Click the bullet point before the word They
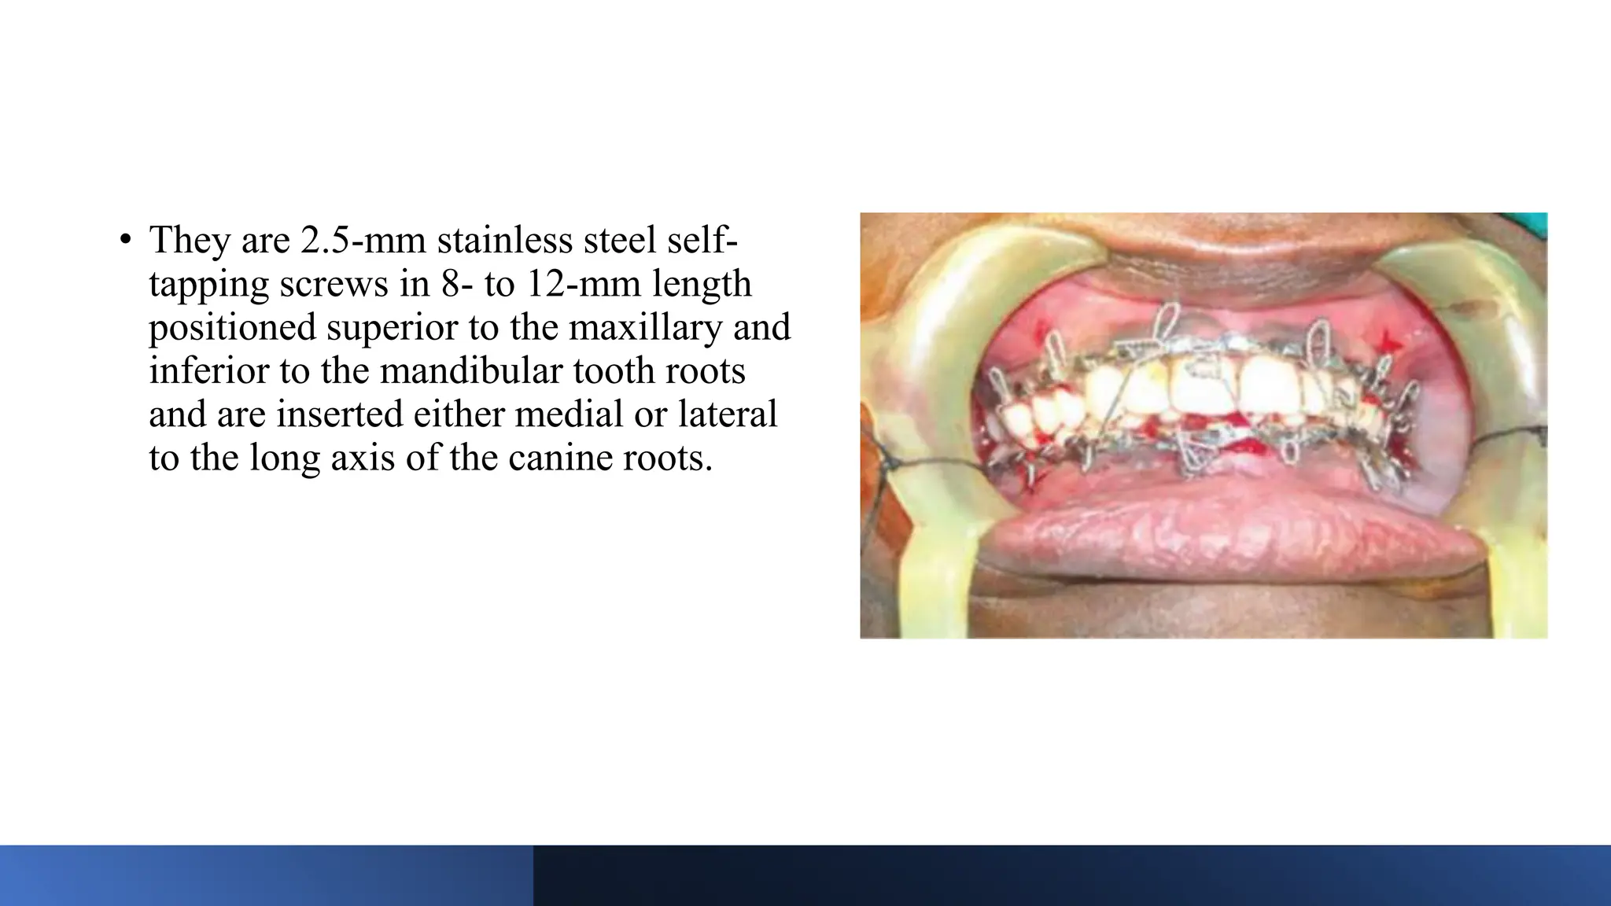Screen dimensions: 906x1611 click(125, 241)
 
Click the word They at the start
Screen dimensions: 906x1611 click(190, 240)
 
